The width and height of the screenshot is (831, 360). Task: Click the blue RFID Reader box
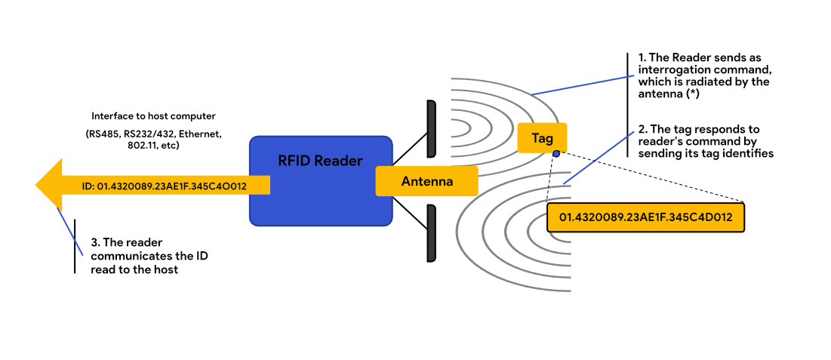click(321, 181)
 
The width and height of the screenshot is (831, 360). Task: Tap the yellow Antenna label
click(426, 182)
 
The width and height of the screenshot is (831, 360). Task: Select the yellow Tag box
click(542, 138)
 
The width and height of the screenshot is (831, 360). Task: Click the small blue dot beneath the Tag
click(556, 153)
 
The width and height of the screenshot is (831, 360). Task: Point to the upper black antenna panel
click(431, 129)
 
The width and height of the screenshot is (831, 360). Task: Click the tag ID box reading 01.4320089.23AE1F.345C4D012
click(645, 217)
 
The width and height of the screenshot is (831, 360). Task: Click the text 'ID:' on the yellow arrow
click(89, 185)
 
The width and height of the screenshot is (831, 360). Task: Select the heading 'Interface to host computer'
click(153, 116)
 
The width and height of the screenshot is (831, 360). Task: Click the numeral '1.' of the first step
click(642, 58)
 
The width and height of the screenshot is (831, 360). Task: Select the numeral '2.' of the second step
click(643, 130)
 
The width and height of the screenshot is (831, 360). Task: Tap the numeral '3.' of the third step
click(96, 244)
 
